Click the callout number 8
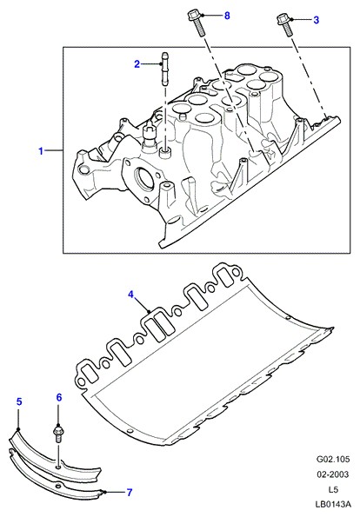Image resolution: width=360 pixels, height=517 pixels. pos(227,16)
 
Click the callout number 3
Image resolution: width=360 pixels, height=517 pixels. pos(317,20)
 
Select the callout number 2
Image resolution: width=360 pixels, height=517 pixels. pos(137,64)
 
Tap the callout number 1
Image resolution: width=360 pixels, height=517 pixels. pos(41,151)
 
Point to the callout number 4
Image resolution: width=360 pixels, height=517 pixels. pos(131,294)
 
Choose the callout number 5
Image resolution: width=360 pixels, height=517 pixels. pos(19,401)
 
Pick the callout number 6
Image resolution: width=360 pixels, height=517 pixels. pos(59,397)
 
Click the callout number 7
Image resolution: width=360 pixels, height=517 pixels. pos(130,493)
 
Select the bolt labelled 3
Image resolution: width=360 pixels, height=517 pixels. pos(284,24)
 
